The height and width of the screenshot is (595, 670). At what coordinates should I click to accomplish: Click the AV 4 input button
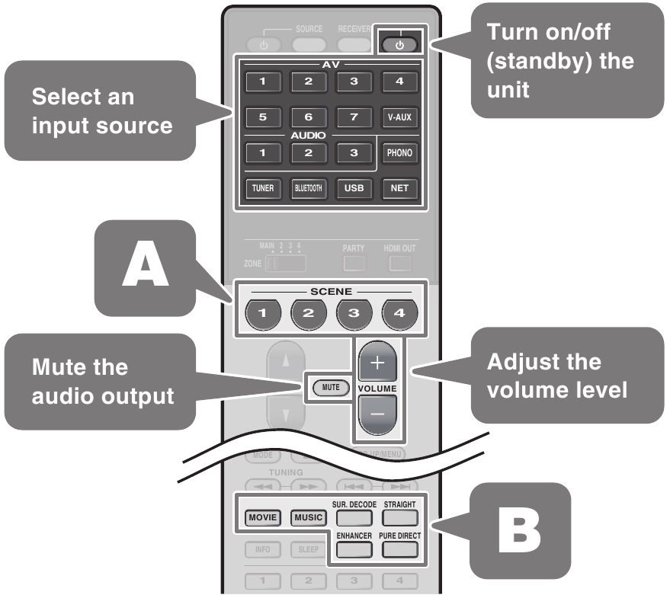click(x=399, y=81)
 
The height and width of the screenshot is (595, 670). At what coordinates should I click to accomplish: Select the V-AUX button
click(x=399, y=118)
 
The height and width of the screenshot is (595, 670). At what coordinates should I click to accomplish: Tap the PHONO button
click(x=399, y=153)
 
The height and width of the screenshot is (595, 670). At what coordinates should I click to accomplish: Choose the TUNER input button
click(x=263, y=188)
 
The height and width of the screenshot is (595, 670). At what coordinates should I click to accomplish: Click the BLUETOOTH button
click(x=308, y=188)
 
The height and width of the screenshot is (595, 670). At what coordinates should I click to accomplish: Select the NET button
click(x=399, y=188)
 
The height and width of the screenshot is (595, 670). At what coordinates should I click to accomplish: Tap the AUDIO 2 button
click(x=308, y=153)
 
